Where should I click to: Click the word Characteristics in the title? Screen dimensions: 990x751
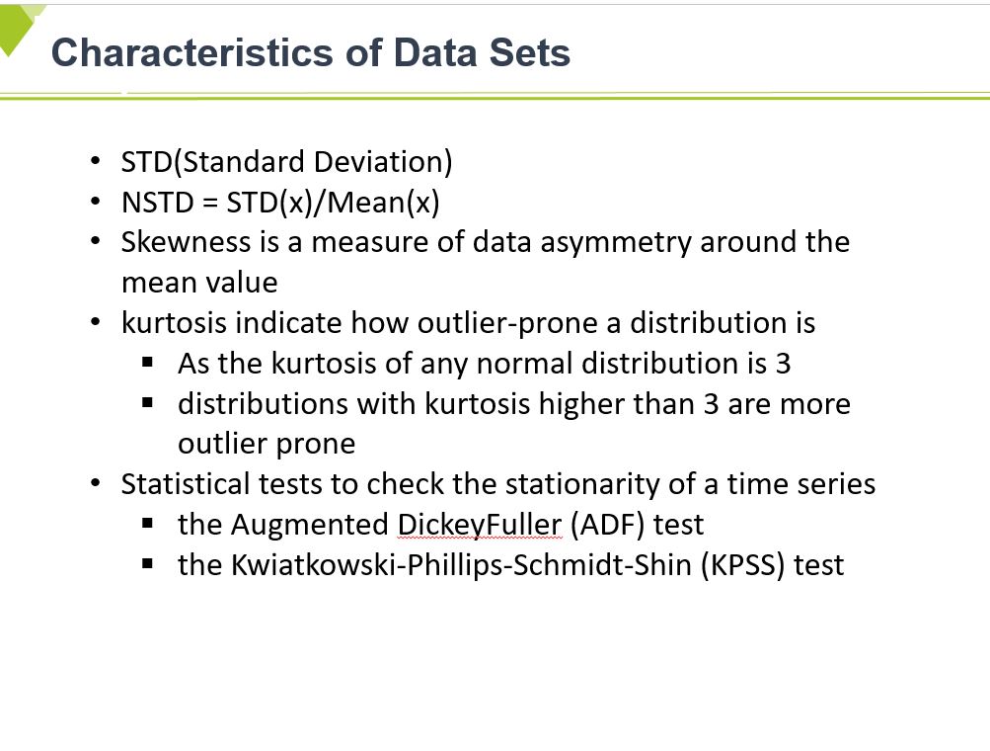pos(191,51)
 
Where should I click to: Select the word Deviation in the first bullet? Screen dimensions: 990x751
pos(383,162)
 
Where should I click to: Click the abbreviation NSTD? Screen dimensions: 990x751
pos(157,203)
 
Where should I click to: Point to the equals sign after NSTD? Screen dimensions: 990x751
pos(210,204)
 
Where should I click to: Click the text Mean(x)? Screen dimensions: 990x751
pos(384,203)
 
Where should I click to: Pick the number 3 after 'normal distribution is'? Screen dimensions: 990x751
pos(783,364)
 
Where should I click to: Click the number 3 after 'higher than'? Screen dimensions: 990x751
pos(711,404)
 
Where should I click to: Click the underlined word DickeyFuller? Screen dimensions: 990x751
pos(480,525)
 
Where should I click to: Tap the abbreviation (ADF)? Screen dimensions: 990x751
pos(607,526)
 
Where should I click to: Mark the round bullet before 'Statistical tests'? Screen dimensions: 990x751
pos(96,483)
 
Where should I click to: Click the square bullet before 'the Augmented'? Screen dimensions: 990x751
pos(148,524)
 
